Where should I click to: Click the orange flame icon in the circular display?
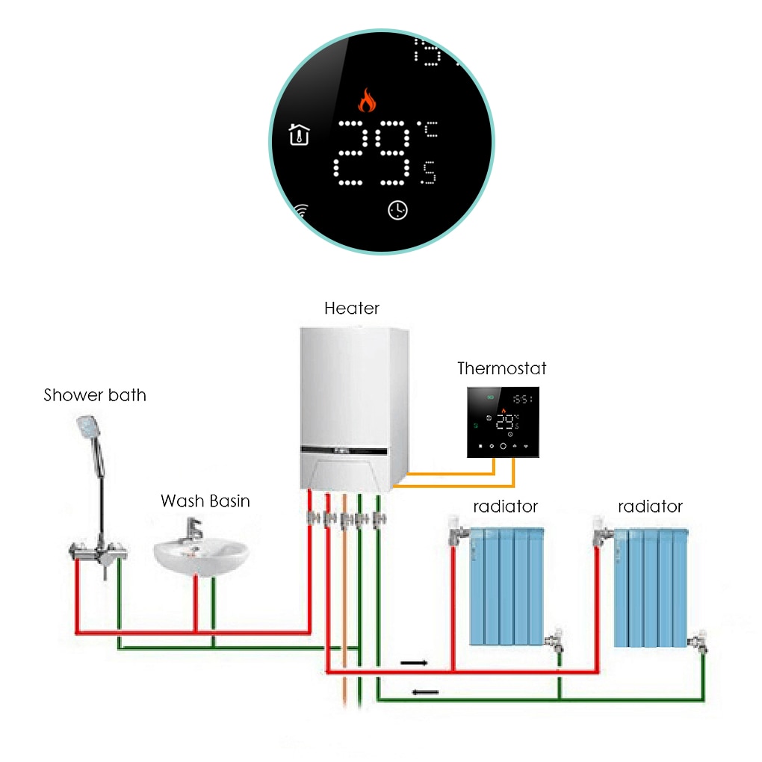point(366,99)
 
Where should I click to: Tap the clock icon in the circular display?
point(398,211)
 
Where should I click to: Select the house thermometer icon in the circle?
point(299,135)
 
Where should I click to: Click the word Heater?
point(352,308)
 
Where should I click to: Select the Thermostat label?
point(501,368)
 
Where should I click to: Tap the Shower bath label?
point(95,395)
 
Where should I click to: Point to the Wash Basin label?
point(205,501)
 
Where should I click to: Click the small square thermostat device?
point(503,422)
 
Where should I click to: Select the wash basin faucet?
point(192,533)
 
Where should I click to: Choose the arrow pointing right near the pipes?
point(415,662)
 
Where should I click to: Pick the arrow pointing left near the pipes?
point(425,692)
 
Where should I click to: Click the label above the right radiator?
point(650,507)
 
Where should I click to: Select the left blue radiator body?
point(506,586)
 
